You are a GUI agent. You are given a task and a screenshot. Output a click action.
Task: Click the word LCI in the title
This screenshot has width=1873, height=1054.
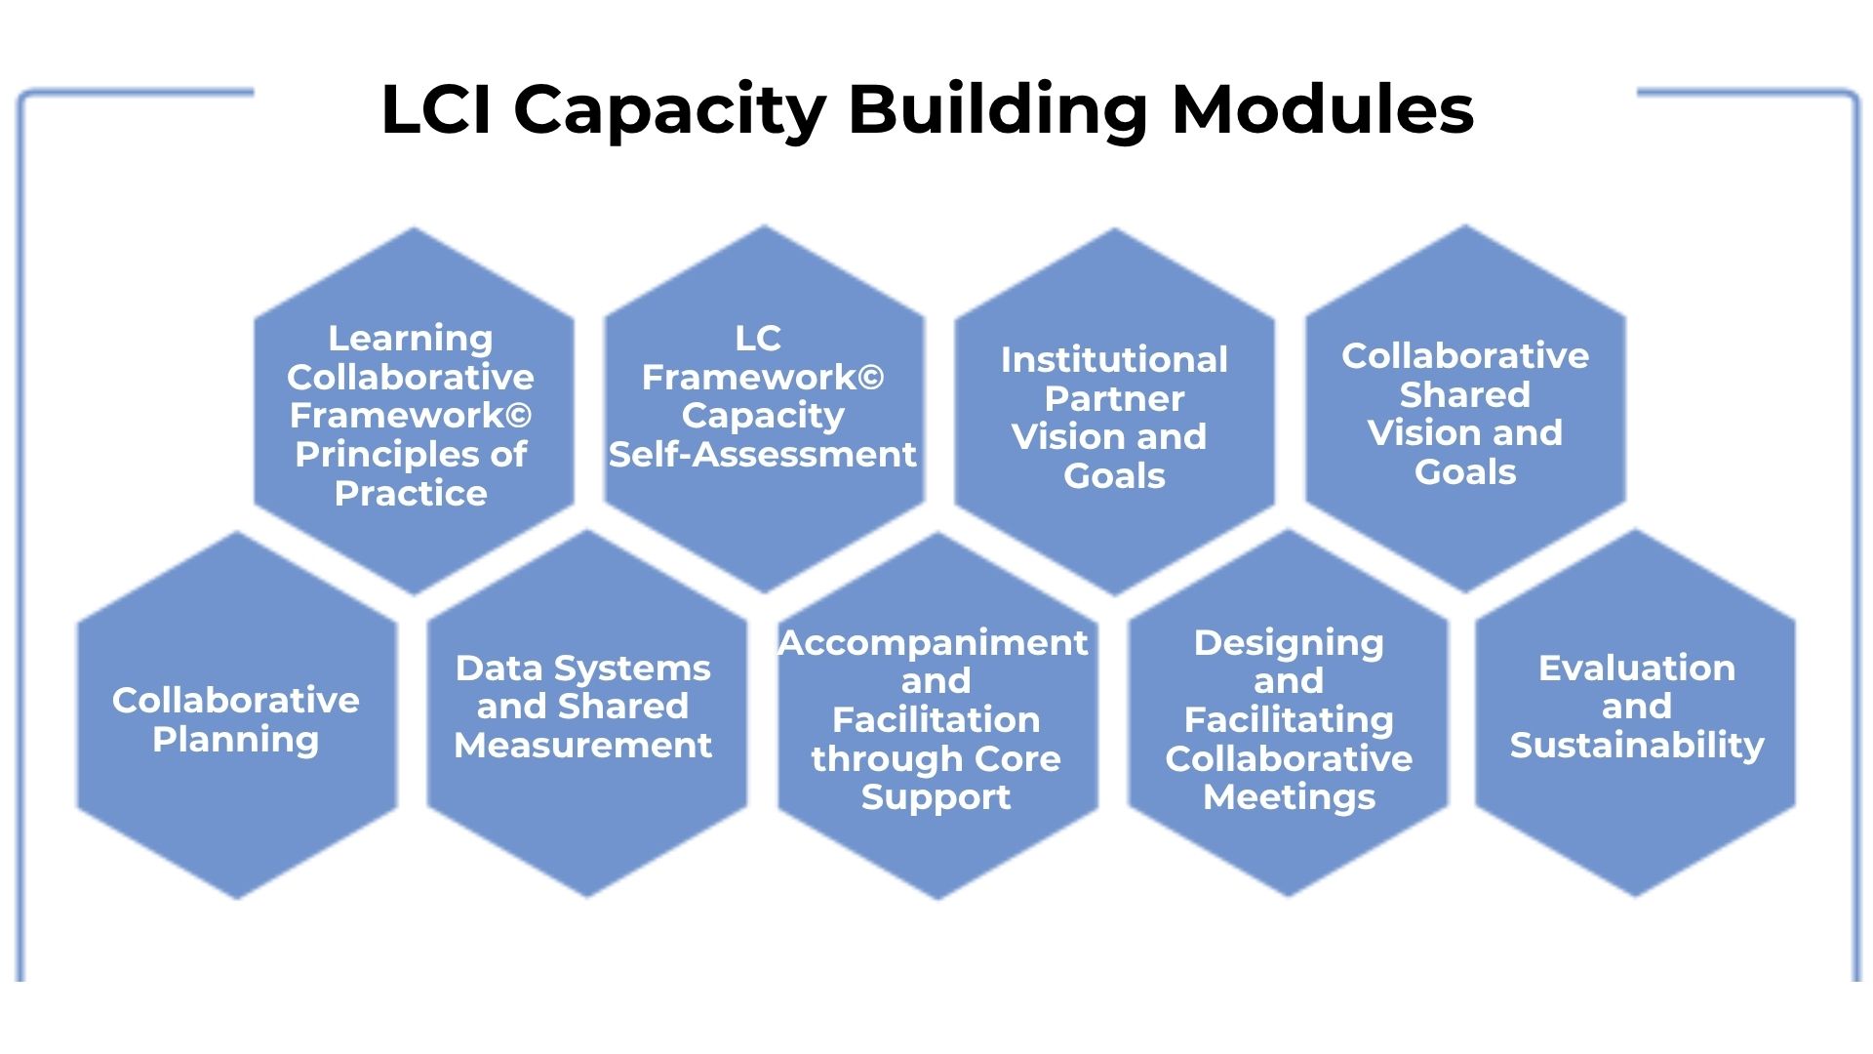pos(437,108)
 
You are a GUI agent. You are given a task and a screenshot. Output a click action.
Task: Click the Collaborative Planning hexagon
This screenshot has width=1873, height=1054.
pos(237,716)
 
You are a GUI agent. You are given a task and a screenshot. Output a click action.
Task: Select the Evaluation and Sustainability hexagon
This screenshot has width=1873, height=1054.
pos(1636,712)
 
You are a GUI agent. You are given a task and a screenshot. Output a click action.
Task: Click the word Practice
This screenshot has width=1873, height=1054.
pos(411,494)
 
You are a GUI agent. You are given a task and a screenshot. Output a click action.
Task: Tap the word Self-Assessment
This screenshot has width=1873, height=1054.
pos(763,455)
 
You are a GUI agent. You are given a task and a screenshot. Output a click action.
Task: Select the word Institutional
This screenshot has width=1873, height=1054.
pos(1114,360)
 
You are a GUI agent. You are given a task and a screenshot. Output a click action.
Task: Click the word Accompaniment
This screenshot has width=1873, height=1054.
pos(934,643)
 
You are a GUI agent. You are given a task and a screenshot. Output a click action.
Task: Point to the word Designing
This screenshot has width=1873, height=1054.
pos(1289,643)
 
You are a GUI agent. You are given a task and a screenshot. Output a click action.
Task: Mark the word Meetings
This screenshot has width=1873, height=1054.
pos(1289,797)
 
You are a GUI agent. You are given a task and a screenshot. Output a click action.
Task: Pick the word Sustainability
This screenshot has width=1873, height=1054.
pos(1637,746)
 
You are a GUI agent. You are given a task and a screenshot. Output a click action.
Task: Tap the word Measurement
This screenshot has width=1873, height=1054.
pos(583,746)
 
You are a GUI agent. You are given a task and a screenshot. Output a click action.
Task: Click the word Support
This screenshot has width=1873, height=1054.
pos(936,797)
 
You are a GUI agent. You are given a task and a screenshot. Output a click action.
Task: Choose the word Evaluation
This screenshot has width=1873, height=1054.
pos(1637,669)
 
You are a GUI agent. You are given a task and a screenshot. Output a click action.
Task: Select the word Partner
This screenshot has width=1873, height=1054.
pos(1114,399)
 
